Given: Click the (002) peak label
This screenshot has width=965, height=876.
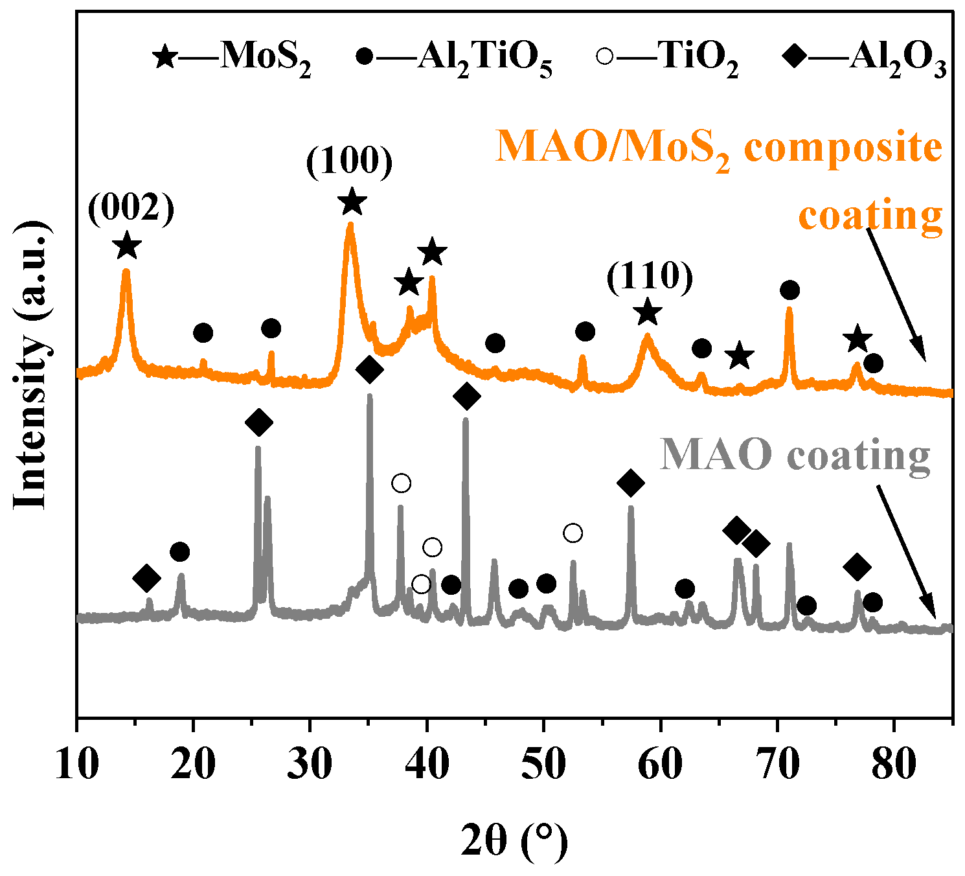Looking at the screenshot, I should pos(131,211).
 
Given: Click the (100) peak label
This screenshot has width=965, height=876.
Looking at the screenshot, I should pos(350,163).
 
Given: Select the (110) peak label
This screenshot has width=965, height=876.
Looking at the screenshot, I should pos(650,277).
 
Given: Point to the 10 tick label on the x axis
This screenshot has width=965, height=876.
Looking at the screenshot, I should pos(77,765).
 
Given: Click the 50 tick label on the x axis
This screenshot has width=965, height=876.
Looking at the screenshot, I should pos(543,765).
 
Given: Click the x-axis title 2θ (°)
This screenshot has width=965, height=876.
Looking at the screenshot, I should pos(514,840).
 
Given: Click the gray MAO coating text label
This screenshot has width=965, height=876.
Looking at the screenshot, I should pos(795,455).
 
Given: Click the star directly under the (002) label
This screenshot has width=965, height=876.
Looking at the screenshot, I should pos(127,246).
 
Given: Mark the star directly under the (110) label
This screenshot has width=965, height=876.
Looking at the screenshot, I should pos(648,313).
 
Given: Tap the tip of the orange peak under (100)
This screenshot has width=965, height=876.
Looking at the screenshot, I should pos(350,225).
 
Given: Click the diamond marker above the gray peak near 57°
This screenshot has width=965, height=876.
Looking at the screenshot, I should pos(631,483).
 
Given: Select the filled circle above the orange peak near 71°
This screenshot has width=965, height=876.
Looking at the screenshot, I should pos(789,290).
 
